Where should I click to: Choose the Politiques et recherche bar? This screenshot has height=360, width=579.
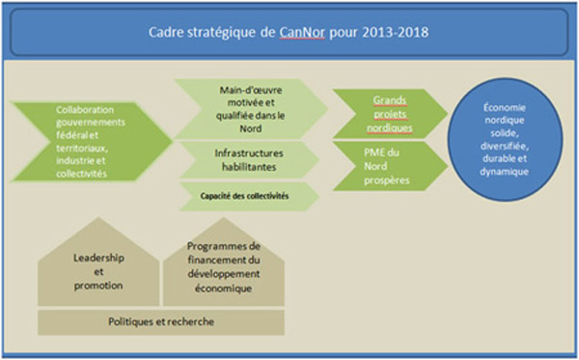(x=161, y=320)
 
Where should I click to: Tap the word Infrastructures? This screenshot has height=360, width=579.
(x=244, y=152)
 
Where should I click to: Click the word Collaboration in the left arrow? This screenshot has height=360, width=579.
(x=92, y=110)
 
